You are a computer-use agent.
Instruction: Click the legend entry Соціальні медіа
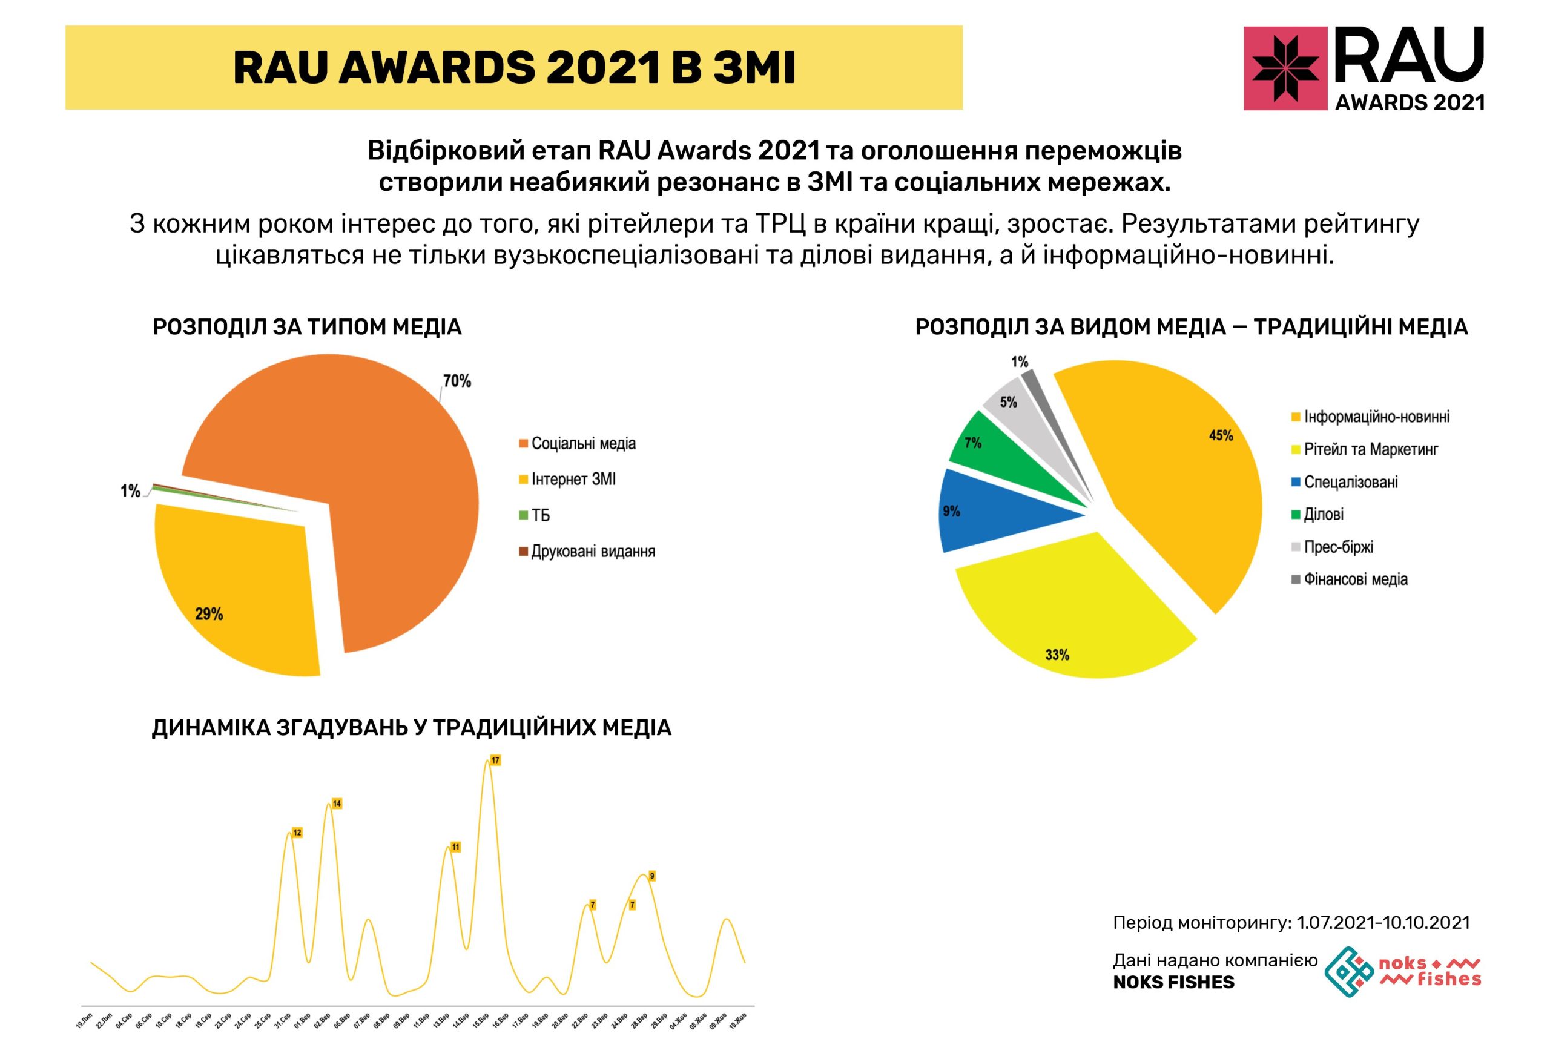pyautogui.click(x=583, y=444)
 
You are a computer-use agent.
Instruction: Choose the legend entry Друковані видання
pyautogui.click(x=592, y=552)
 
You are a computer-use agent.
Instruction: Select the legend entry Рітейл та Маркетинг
pyautogui.click(x=1370, y=450)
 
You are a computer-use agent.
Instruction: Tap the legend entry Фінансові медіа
pyautogui.click(x=1355, y=579)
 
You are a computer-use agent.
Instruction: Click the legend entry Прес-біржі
pyautogui.click(x=1338, y=547)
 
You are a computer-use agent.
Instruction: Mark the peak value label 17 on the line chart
pyautogui.click(x=495, y=761)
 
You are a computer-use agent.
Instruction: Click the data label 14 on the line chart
pyautogui.click(x=337, y=804)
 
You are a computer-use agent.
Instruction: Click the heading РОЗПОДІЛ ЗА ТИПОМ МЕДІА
pyautogui.click(x=307, y=327)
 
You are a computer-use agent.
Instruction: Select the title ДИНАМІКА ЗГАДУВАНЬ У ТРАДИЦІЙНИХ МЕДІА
pyautogui.click(x=412, y=728)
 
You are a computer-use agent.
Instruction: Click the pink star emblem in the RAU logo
pyautogui.click(x=1285, y=68)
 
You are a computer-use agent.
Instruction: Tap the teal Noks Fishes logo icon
pyautogui.click(x=1348, y=971)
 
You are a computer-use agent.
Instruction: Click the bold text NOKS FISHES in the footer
pyautogui.click(x=1173, y=982)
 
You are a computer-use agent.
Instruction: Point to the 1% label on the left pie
pyautogui.click(x=130, y=492)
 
